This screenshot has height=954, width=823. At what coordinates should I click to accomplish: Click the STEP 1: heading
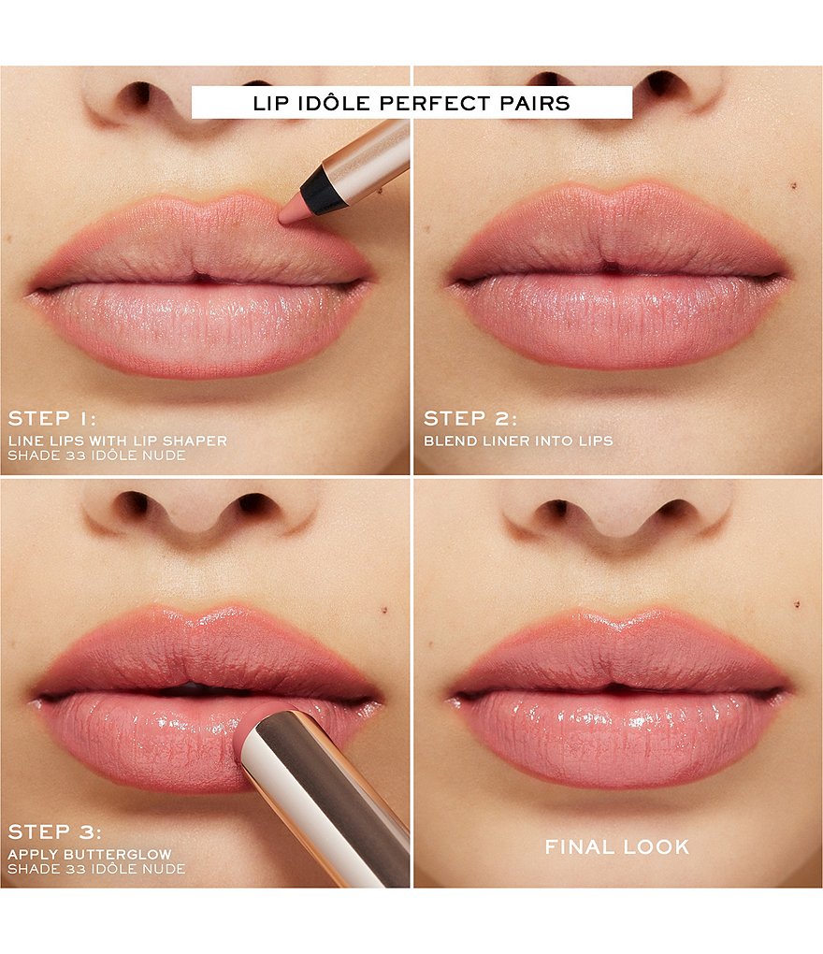(x=51, y=418)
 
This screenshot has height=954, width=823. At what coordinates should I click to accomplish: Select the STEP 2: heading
(x=470, y=418)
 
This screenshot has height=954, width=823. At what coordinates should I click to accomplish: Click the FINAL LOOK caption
(x=617, y=846)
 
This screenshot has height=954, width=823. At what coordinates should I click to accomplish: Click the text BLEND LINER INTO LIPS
(x=518, y=441)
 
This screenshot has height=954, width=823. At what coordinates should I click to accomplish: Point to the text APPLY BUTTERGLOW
(x=90, y=854)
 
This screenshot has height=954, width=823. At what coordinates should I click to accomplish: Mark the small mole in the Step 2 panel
(x=794, y=185)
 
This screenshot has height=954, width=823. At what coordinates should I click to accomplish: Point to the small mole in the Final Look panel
(x=797, y=604)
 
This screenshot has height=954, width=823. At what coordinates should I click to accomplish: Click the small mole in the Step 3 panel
(x=384, y=609)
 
